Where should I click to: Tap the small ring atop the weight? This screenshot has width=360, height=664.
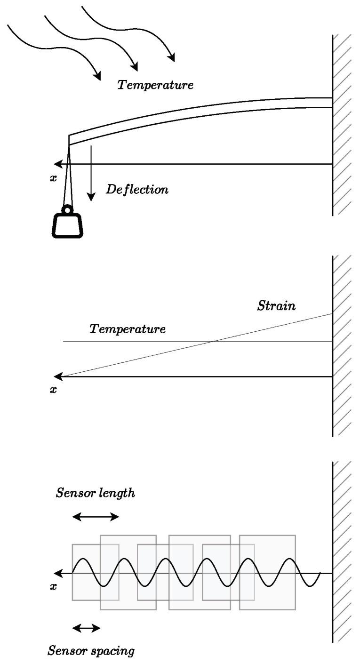68,209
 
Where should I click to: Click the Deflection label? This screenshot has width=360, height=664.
137,190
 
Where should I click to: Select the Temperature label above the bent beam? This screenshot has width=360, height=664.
155,85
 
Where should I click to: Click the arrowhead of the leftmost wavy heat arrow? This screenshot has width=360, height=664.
97,75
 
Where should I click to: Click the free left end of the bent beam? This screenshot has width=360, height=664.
70,140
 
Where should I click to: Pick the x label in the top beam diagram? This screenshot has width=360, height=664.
53,178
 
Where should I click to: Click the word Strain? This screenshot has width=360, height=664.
277,306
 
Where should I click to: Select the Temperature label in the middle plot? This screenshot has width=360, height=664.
128,329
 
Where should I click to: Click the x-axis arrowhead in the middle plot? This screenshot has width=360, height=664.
57,376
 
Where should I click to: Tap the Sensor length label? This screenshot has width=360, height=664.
96,494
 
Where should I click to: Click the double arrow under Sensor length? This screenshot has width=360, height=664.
96,517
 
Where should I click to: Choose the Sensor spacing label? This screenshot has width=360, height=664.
91,651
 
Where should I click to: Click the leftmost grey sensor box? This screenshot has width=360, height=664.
85,572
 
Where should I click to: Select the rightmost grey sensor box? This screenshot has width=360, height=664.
267,572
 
